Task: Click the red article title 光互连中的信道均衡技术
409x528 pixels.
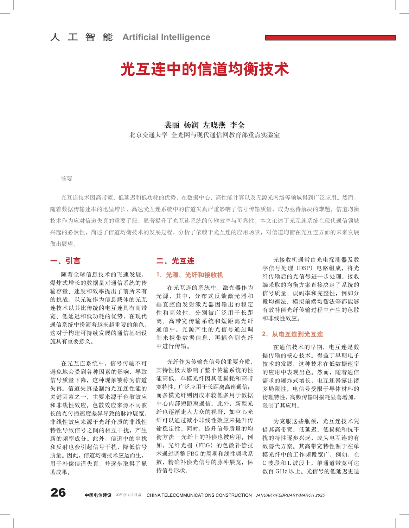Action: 204,69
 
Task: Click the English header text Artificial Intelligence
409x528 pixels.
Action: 166,37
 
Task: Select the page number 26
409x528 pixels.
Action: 58,492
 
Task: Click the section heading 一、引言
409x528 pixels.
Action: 65,261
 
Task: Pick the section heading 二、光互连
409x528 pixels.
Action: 175,261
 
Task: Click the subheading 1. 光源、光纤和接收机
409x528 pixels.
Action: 190,275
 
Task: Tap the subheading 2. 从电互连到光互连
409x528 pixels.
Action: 292,334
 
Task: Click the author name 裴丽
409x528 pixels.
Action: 172,125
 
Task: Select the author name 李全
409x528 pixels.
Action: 237,125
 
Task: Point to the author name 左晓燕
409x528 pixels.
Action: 214,125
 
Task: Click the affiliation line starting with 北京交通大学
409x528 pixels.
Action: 204,135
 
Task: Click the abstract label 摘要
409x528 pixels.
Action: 66,179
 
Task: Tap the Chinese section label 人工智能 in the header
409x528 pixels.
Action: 82,37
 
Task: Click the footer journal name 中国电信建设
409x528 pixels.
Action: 98,495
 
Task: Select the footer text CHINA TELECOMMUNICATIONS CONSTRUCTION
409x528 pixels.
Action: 199,495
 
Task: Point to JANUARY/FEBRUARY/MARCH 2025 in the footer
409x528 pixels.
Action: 290,495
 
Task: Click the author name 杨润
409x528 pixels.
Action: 191,125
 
